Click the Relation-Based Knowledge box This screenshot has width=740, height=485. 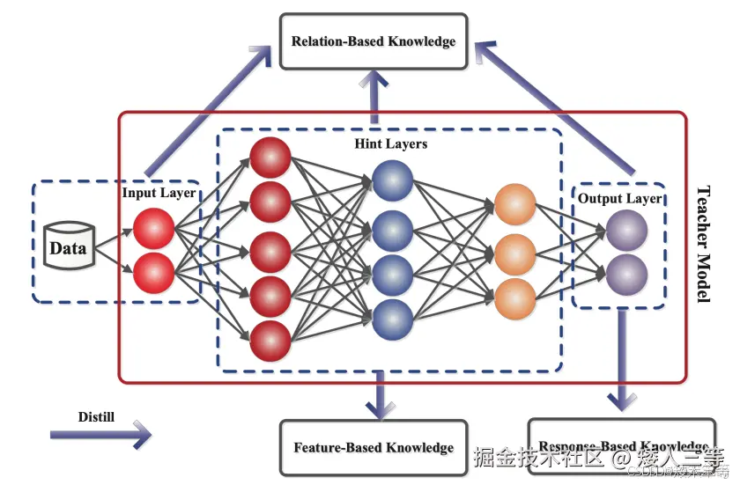[374, 41]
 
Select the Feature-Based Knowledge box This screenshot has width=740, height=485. [374, 447]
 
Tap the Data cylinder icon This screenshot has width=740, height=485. [68, 246]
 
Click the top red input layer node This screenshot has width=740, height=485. [154, 229]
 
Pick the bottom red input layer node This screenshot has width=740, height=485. [154, 272]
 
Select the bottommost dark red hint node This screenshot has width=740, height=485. [270, 341]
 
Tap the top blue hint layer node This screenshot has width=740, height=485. [392, 180]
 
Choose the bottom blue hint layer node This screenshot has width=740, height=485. [392, 319]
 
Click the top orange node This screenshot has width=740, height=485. [515, 204]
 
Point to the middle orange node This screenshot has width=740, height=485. [515, 253]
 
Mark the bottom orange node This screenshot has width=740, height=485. [515, 298]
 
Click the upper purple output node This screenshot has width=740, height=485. [626, 230]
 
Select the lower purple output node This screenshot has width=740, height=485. [626, 273]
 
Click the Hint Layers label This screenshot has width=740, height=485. [390, 143]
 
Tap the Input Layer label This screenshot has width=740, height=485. [159, 193]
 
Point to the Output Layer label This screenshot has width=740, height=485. [619, 199]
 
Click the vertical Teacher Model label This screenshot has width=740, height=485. [703, 244]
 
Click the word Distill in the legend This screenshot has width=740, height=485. [95, 416]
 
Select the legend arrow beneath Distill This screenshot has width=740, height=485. [100, 434]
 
